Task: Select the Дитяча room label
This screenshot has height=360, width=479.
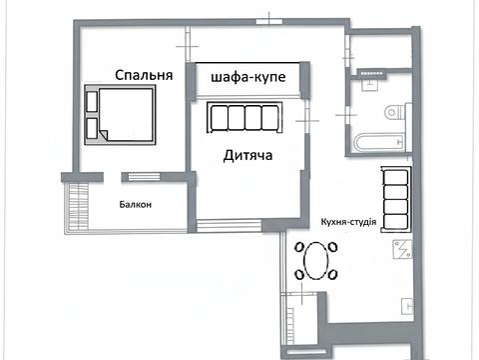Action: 247,156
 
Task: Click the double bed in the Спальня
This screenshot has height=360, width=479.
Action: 122,115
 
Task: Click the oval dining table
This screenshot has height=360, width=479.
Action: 318,265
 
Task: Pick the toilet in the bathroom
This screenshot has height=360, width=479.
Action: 392,110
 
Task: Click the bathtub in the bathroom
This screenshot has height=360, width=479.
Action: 379,141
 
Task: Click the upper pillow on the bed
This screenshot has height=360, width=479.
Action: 94,101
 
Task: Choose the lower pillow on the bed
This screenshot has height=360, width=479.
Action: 94,128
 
